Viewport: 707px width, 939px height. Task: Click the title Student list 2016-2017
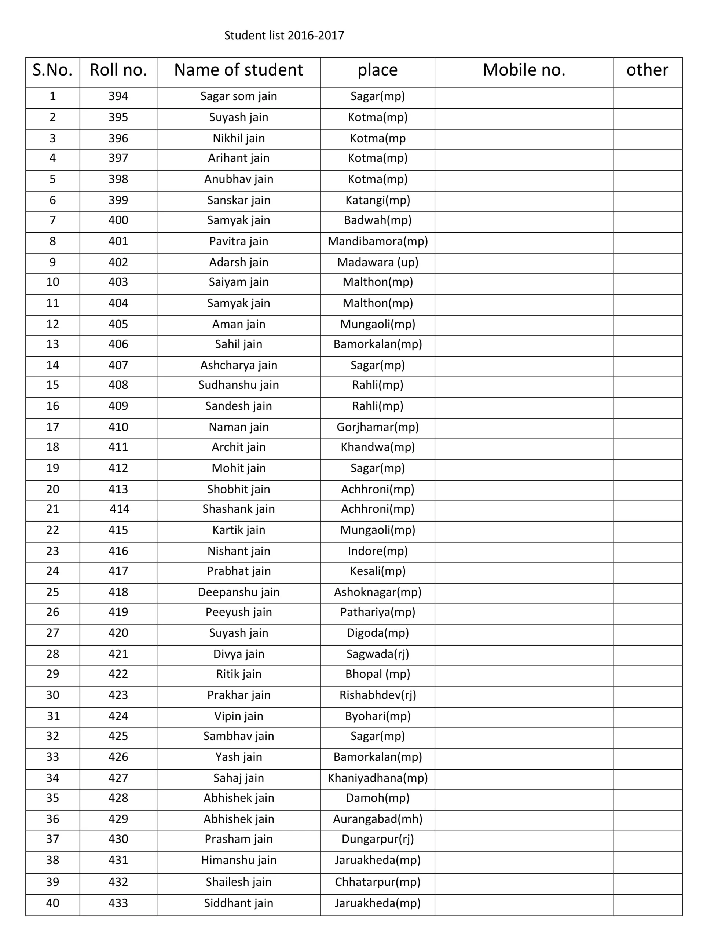284,35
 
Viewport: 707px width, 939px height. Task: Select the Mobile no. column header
524,70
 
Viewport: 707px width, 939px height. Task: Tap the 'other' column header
647,70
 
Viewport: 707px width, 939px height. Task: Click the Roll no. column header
118,70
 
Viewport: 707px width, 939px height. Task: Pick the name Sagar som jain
238,96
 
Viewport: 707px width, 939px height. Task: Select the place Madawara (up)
377,262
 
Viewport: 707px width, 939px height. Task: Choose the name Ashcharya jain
238,365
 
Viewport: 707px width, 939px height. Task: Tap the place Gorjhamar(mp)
377,427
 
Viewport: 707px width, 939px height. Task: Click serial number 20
53,489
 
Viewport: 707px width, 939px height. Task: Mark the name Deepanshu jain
238,592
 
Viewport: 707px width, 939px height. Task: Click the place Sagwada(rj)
377,654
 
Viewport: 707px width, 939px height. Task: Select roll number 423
118,695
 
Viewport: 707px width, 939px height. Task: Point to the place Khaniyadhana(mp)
377,778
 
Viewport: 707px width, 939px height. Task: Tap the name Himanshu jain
238,860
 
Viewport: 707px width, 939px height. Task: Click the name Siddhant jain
238,903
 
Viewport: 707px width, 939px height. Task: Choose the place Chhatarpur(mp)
377,882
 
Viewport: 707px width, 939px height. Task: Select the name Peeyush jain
238,612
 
